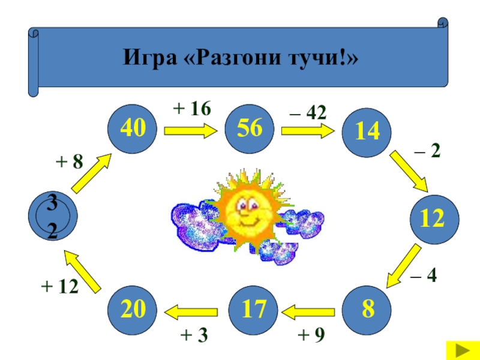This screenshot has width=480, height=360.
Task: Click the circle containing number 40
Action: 132,128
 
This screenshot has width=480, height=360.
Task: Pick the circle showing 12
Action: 433,219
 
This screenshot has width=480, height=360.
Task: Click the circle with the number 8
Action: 367,310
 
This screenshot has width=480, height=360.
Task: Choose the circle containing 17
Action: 253,310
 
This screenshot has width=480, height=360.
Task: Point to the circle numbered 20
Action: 132,310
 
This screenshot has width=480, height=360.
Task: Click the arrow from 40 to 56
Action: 190,130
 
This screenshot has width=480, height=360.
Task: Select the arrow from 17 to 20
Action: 192,311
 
